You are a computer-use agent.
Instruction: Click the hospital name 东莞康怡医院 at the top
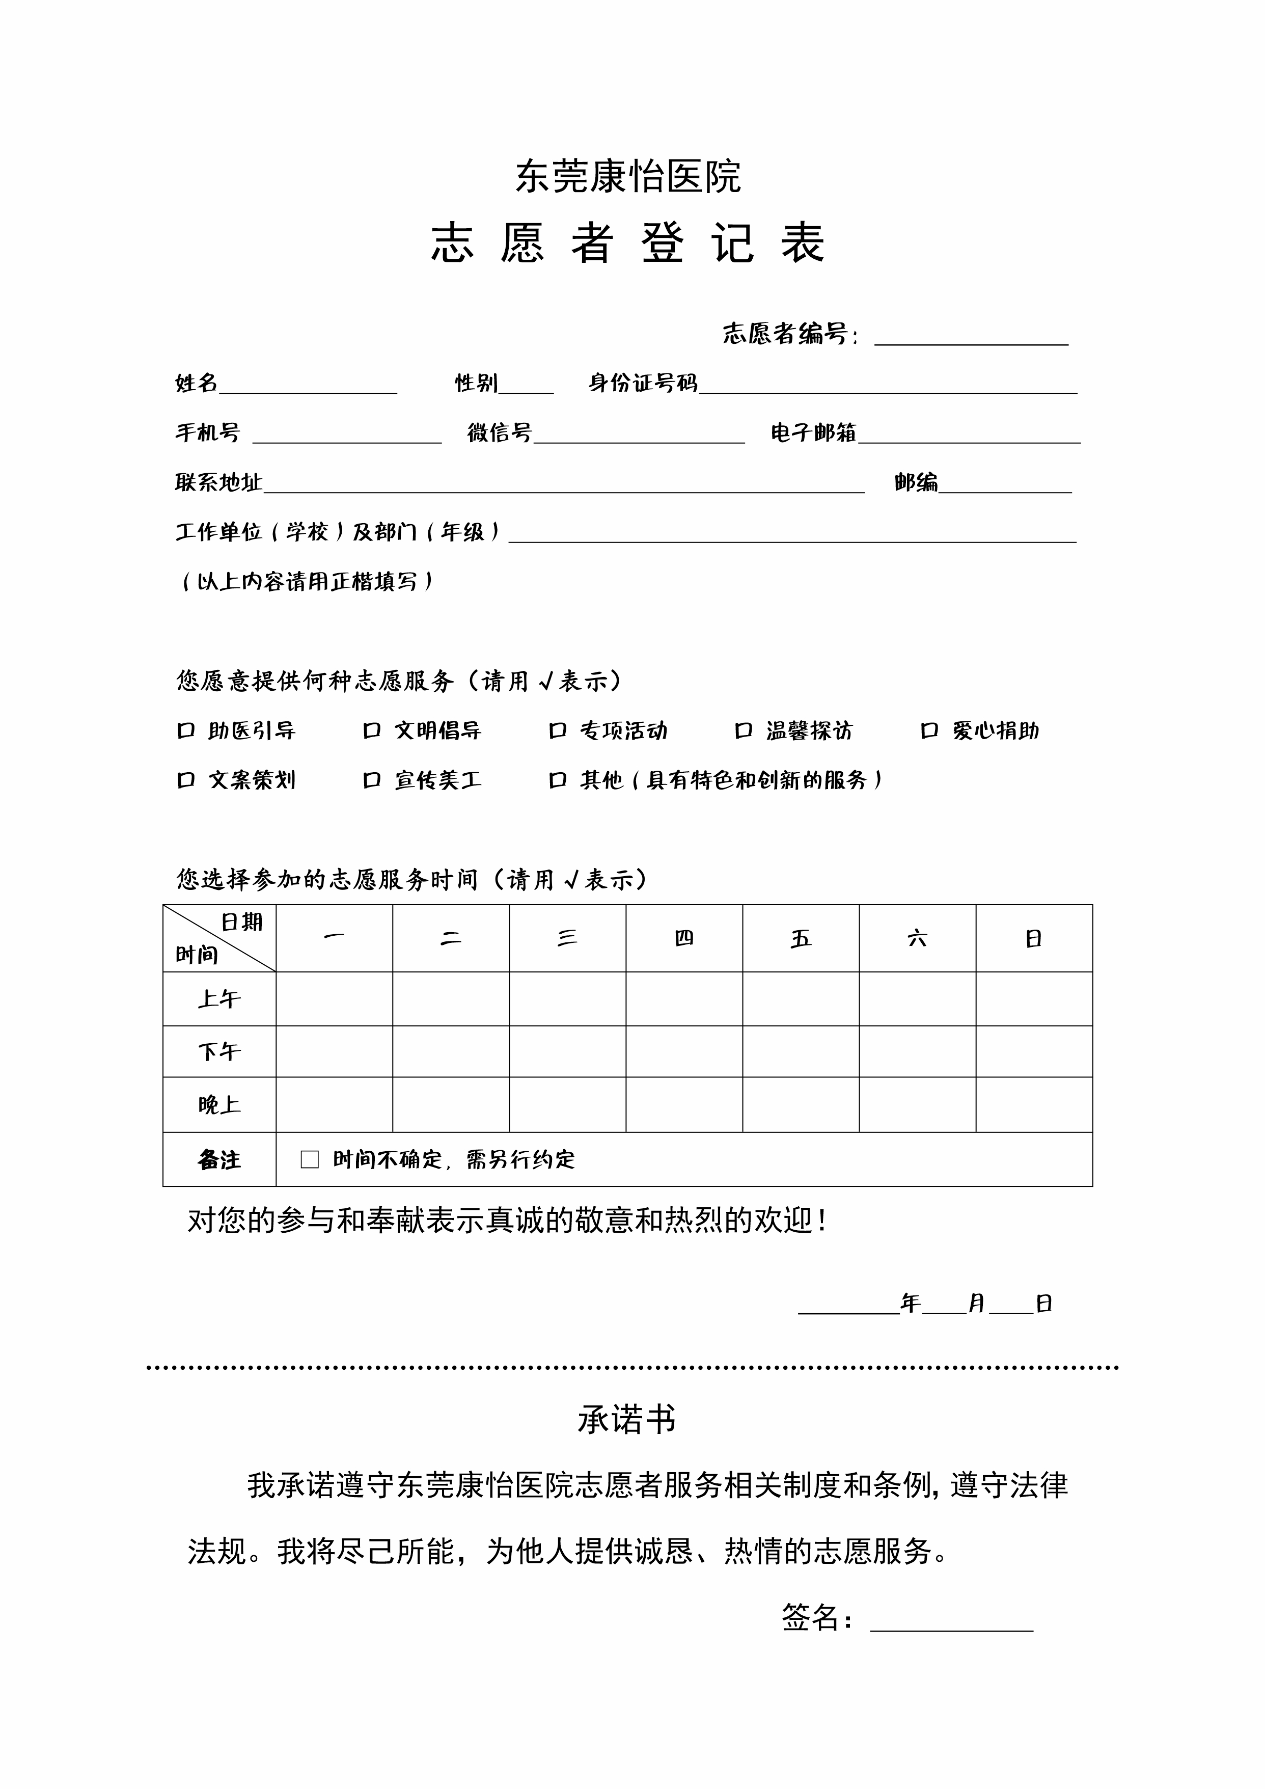(x=628, y=176)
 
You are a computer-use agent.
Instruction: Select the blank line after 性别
(x=527, y=387)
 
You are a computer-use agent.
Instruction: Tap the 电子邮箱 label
(x=813, y=432)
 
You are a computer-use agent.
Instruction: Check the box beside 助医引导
(x=185, y=731)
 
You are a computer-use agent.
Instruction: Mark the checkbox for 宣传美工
(x=372, y=780)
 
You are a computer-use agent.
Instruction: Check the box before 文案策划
(x=185, y=780)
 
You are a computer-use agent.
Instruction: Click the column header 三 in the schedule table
(x=567, y=938)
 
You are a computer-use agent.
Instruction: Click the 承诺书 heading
(x=627, y=1420)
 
